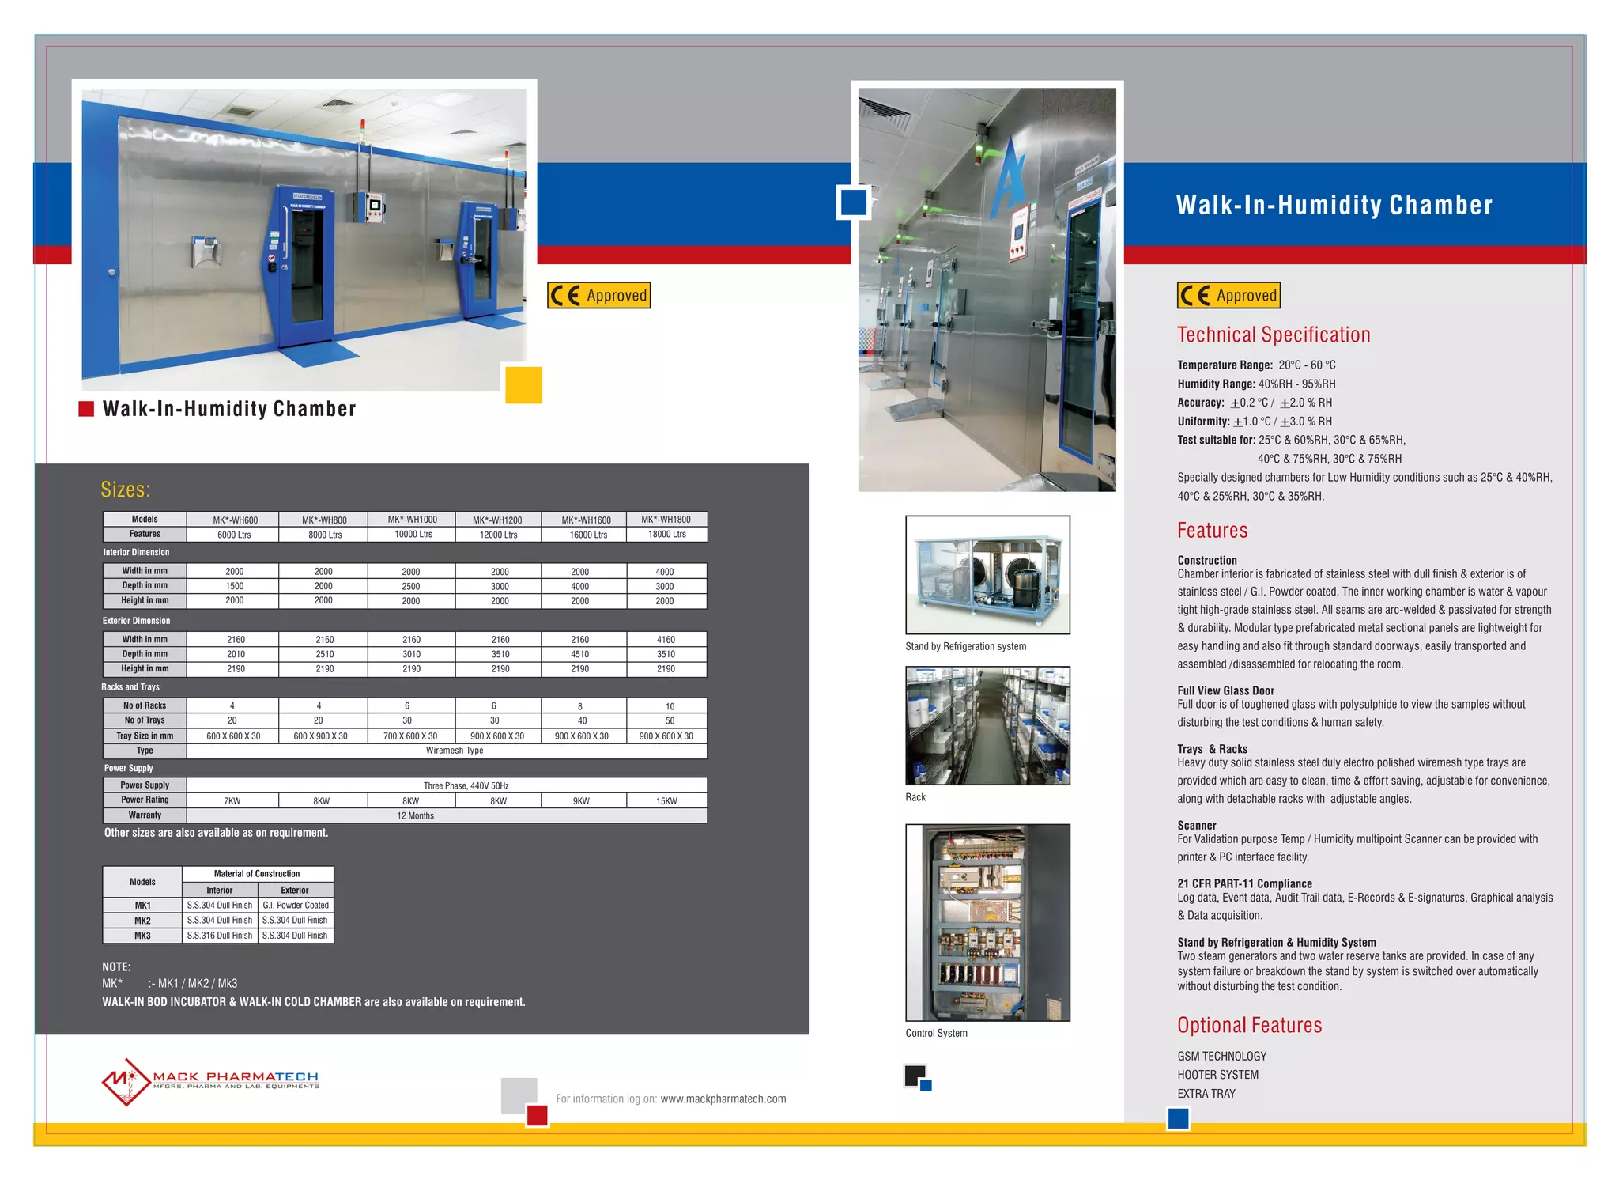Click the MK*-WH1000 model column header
(412, 520)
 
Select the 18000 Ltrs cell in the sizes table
(666, 535)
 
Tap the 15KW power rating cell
(666, 801)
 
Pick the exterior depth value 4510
(580, 654)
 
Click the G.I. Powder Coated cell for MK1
(296, 906)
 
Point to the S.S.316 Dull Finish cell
(220, 936)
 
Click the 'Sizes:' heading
(125, 490)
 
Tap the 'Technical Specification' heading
(1273, 335)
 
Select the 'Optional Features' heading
(1249, 1025)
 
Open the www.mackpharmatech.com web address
(723, 1099)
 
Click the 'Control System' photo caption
(936, 1034)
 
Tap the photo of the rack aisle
(987, 725)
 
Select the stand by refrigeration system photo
(987, 575)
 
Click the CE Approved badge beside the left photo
(598, 296)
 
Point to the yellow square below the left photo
(523, 385)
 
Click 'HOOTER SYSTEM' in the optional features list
(1217, 1075)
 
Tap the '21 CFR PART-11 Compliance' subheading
(1244, 883)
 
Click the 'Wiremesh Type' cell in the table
(454, 751)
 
